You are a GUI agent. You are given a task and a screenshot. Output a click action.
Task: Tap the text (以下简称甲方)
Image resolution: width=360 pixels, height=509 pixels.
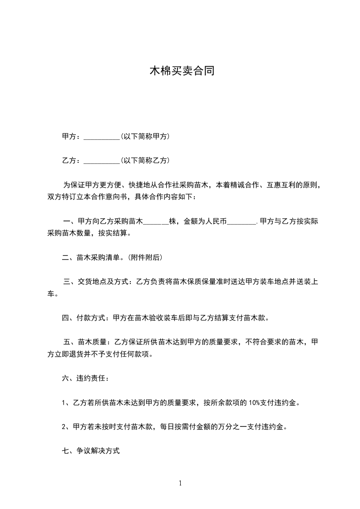click(145, 136)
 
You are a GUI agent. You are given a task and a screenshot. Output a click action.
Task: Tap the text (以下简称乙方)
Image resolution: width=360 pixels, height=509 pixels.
click(145, 160)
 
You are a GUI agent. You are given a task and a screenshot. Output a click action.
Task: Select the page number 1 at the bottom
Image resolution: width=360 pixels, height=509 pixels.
click(180, 483)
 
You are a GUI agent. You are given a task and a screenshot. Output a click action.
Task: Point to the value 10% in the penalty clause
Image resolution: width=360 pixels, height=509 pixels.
click(254, 402)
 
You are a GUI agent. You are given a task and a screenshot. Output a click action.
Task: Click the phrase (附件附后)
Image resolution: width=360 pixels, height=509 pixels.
click(145, 258)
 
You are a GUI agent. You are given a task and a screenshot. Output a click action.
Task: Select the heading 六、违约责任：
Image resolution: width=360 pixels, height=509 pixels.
click(85, 378)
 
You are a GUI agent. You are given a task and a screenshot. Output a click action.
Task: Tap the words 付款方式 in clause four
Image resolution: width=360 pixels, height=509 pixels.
click(92, 318)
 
